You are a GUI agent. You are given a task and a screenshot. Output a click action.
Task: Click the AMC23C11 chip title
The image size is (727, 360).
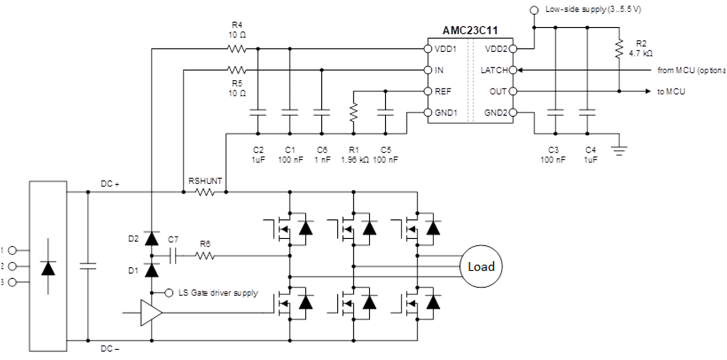470,30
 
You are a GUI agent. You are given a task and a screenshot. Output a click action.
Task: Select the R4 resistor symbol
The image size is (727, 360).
236,49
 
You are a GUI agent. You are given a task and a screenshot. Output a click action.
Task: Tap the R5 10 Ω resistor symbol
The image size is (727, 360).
236,70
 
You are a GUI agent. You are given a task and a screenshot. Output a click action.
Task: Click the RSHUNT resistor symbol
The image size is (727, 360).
205,192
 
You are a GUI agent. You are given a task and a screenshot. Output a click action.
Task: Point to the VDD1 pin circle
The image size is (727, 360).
427,49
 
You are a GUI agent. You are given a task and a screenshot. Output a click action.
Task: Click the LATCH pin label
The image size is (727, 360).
494,70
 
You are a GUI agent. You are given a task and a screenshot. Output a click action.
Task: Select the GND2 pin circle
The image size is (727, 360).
513,112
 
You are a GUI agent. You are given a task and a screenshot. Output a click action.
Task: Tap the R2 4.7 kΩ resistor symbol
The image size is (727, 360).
619,49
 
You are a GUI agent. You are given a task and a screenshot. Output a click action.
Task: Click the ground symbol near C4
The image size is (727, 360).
619,150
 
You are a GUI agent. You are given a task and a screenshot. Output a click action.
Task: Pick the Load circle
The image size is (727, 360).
481,266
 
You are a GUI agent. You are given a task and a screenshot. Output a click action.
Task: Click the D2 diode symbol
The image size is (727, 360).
151,238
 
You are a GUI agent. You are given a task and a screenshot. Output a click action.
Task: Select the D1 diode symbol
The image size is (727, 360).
151,270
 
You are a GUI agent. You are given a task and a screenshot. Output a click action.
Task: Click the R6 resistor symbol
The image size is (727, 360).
205,256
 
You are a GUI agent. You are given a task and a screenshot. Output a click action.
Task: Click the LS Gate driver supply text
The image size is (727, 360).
218,293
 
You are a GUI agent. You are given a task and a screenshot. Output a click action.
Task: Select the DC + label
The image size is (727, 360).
110,184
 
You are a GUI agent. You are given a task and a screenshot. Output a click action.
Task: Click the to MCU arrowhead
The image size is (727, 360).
648,91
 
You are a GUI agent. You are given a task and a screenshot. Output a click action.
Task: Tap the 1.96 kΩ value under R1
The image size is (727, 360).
354,160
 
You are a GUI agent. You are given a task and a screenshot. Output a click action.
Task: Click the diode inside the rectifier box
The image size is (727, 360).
48,268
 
